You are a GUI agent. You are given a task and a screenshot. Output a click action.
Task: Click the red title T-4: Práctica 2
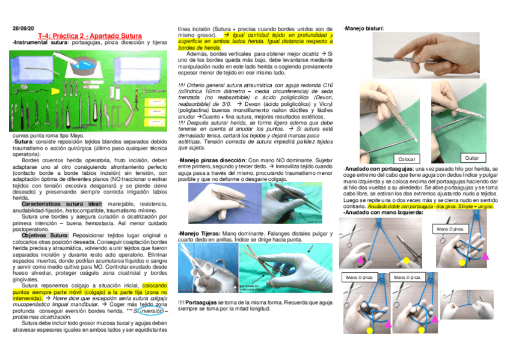click(x=81, y=36)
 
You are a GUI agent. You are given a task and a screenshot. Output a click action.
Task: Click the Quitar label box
click(x=472, y=157)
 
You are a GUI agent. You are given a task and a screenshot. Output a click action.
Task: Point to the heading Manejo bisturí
click(x=363, y=28)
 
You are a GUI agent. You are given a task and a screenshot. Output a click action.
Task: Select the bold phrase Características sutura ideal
click(x=61, y=204)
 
